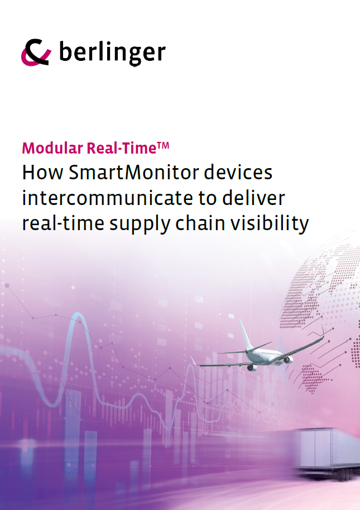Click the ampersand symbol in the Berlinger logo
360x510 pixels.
click(x=36, y=53)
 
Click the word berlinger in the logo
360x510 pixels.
click(x=112, y=52)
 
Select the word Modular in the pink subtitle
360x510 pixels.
click(x=52, y=148)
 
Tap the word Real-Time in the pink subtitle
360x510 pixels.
click(x=122, y=148)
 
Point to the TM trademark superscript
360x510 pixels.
click(x=163, y=145)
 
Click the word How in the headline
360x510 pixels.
click(x=42, y=172)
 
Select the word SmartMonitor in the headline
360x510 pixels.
click(x=133, y=172)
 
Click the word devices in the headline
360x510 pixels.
click(x=238, y=172)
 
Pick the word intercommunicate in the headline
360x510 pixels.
click(x=108, y=198)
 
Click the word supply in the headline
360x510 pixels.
click(x=140, y=225)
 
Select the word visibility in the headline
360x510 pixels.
click(x=270, y=224)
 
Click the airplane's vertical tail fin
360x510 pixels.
click(x=246, y=335)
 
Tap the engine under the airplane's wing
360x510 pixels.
click(x=252, y=368)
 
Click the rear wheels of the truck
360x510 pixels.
click(x=345, y=475)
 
